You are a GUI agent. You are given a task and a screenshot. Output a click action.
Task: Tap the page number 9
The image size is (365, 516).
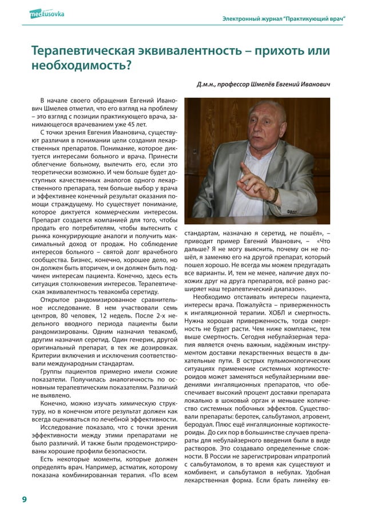tap(23, 499)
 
